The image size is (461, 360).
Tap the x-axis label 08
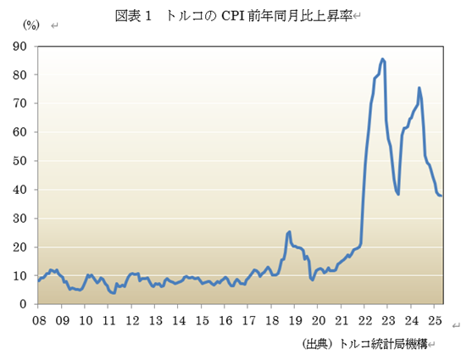pos(39,320)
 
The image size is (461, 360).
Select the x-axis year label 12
pos(132,320)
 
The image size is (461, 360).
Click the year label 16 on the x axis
pos(225,320)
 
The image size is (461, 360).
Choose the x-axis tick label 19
pos(295,320)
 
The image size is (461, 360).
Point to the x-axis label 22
pos(364,320)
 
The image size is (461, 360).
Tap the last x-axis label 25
pos(434,320)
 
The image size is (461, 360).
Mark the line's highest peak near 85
pos(383,59)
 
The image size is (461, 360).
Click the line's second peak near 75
pos(419,88)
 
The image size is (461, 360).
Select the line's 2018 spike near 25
pos(289,231)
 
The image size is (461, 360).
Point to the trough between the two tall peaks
pos(398,194)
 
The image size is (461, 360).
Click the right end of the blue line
pos(442,196)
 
